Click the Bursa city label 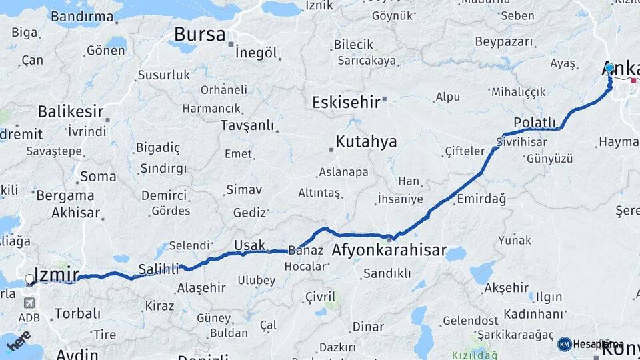tap(199, 35)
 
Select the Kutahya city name tap(366, 141)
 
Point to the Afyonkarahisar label tap(389, 250)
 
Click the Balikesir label tap(69, 111)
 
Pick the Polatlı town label tap(535, 122)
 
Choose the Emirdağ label tap(481, 199)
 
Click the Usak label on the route tap(249, 245)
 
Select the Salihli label tap(159, 269)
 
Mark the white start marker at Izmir tap(29, 279)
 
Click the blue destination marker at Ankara tap(609, 68)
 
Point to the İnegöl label tap(257, 53)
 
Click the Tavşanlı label tap(247, 125)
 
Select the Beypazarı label tap(505, 41)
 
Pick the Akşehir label tap(506, 288)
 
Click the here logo tap(19, 341)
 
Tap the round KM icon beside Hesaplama tap(565, 344)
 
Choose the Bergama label tap(65, 196)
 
